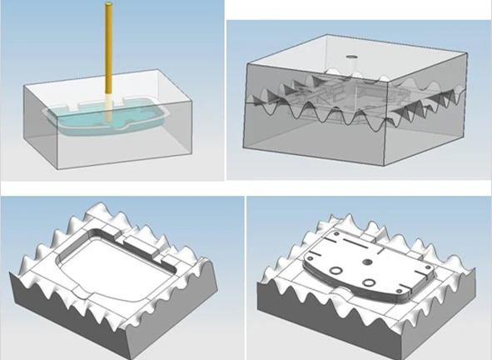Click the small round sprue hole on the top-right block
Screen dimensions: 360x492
[350, 58]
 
